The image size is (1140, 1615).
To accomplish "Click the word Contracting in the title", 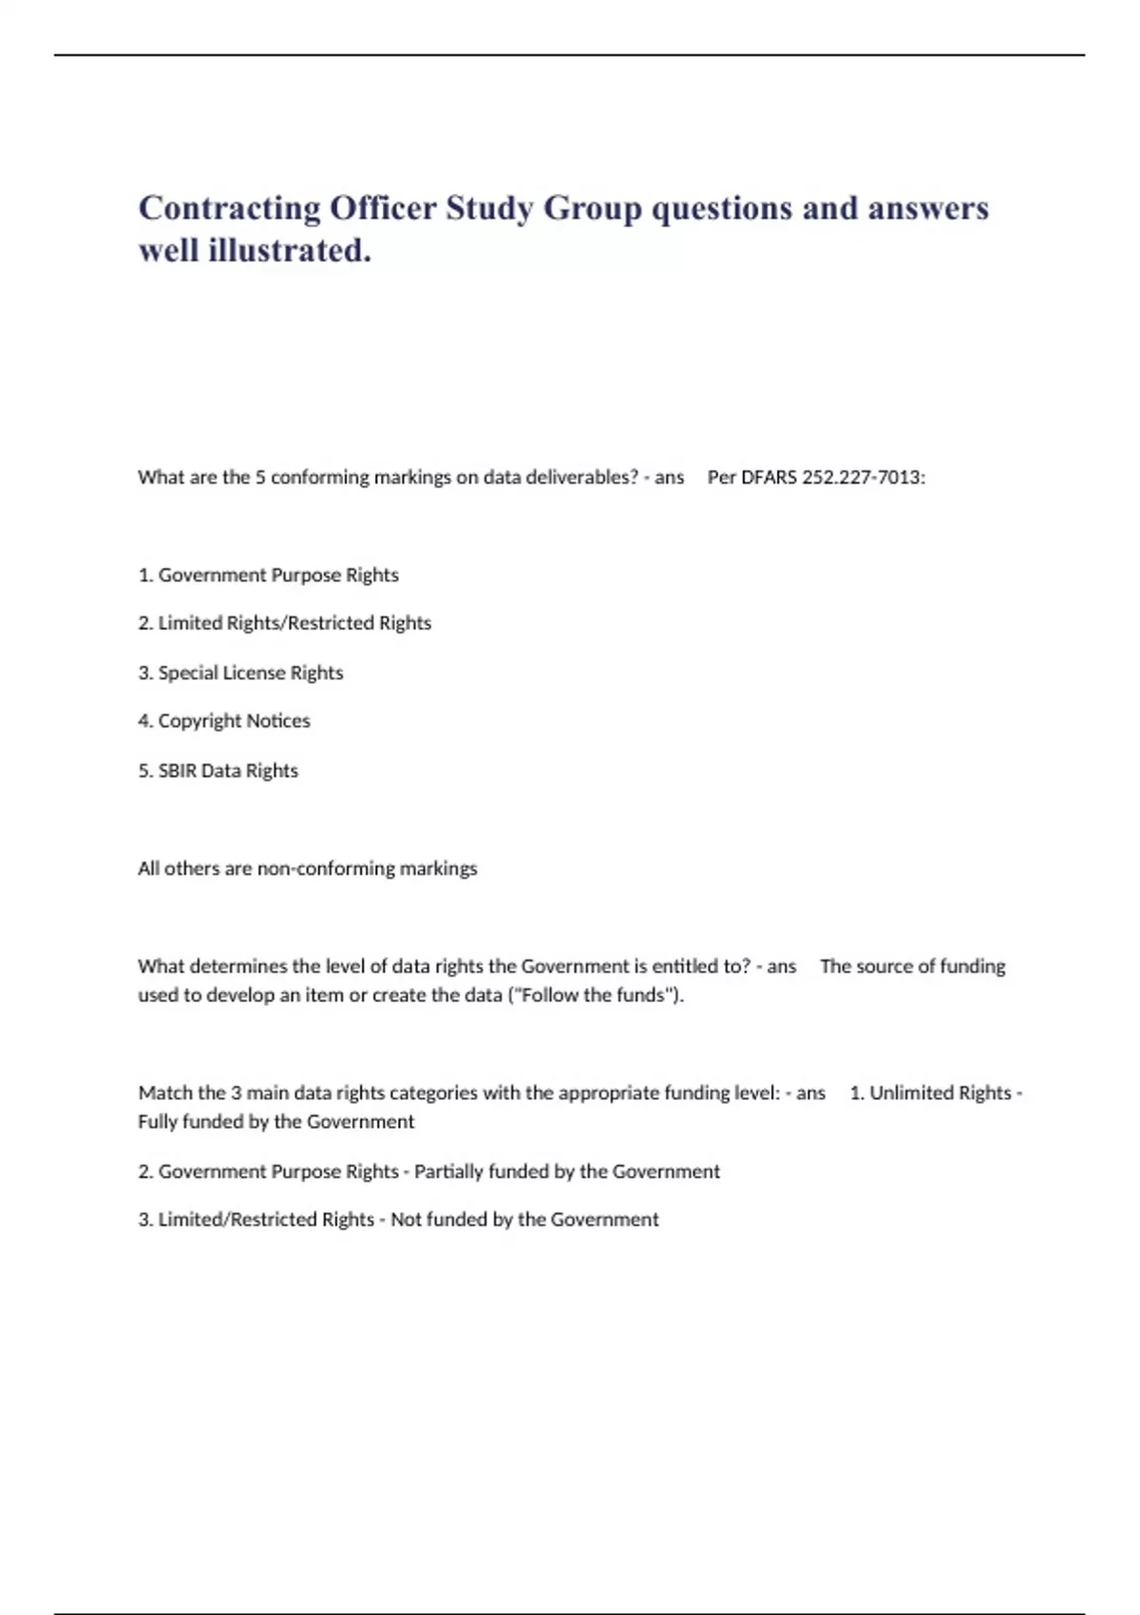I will coord(229,208).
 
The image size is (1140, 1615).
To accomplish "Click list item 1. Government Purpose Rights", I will coord(268,575).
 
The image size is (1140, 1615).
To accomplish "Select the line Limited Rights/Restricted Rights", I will coord(285,623).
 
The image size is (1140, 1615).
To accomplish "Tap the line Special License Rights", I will coord(240,673).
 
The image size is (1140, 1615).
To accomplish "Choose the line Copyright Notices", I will coord(224,721).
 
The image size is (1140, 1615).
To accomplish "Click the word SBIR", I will coord(177,770).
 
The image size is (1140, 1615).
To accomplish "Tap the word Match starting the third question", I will coord(165,1092).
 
